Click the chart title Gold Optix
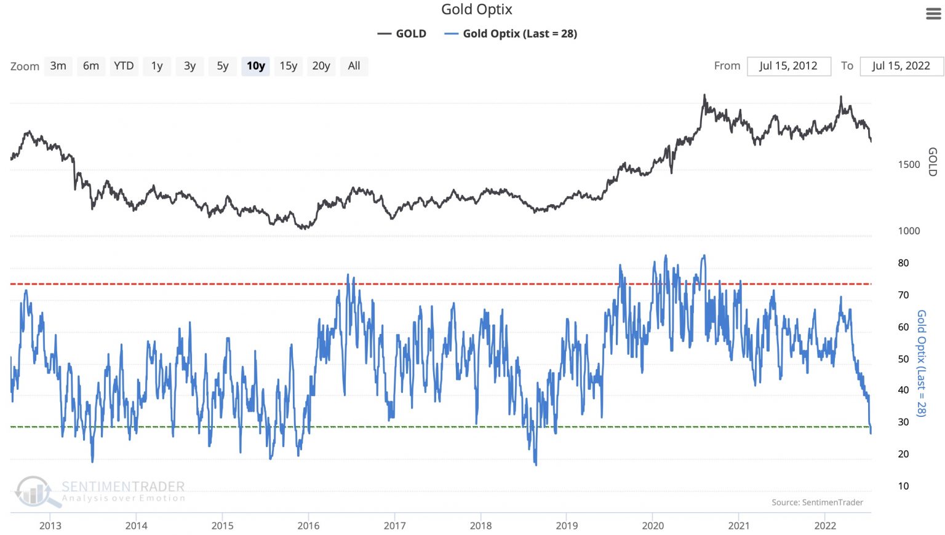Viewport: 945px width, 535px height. pos(476,9)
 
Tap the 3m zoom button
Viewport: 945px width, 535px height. pos(58,66)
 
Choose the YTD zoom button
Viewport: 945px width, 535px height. pos(124,66)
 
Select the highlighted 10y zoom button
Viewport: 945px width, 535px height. pos(255,66)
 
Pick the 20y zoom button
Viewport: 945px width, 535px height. pos(321,66)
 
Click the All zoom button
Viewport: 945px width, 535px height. pos(354,66)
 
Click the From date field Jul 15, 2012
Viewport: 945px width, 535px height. pos(788,66)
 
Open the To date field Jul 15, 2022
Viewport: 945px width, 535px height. pos(901,66)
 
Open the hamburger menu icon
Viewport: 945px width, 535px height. pos(933,14)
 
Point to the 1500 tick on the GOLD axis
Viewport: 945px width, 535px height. pos(909,165)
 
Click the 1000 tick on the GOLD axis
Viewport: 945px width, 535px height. pos(909,231)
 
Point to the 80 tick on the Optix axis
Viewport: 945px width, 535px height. pos(903,263)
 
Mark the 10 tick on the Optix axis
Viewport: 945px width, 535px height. pos(903,486)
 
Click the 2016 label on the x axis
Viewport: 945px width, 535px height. pos(308,526)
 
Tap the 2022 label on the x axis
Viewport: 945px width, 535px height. pos(825,526)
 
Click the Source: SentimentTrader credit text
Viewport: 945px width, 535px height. pos(817,502)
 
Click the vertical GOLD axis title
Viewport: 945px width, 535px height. pos(933,162)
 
